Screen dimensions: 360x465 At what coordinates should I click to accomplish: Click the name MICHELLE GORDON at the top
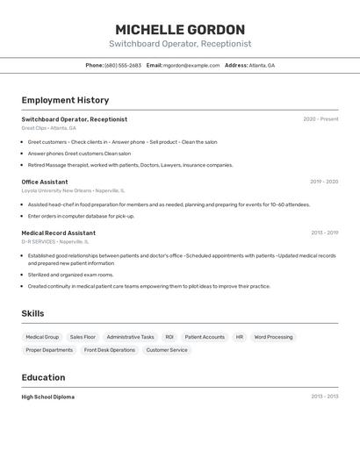[180, 30]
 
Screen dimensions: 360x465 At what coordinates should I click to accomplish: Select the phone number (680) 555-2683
[123, 65]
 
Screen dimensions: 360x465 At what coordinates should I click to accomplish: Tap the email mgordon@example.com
[191, 65]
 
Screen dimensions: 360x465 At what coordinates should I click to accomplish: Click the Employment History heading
[65, 100]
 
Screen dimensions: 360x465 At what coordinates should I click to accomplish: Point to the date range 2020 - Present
[320, 119]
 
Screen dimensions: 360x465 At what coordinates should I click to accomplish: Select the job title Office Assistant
[45, 182]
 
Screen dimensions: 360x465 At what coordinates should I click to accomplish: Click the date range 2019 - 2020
[324, 182]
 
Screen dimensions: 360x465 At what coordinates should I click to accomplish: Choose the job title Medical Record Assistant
[59, 233]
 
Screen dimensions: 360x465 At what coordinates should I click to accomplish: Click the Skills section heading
[32, 313]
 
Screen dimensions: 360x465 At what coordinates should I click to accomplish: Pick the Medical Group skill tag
[42, 337]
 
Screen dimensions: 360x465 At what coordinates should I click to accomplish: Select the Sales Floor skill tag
[83, 337]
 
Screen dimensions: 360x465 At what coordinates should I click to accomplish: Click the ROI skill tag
[169, 337]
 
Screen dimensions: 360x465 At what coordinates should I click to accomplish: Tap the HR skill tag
[239, 337]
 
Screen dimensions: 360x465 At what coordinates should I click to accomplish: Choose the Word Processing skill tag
[274, 337]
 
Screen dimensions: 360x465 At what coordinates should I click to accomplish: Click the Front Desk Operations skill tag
[110, 350]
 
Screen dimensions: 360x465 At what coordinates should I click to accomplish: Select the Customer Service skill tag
[167, 350]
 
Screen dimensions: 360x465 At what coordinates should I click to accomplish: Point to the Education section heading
[43, 377]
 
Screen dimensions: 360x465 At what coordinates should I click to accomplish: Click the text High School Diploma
[48, 397]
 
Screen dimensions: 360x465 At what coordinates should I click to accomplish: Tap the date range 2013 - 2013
[324, 397]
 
